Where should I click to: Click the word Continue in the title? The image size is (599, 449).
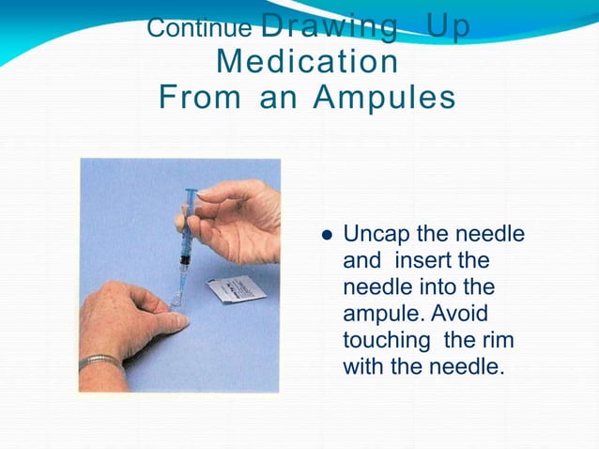click(198, 27)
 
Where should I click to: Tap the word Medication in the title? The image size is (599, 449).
click(307, 62)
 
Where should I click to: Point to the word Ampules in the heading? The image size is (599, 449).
click(385, 97)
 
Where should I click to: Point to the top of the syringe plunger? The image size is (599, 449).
click(191, 192)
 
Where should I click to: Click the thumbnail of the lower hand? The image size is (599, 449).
click(173, 322)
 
